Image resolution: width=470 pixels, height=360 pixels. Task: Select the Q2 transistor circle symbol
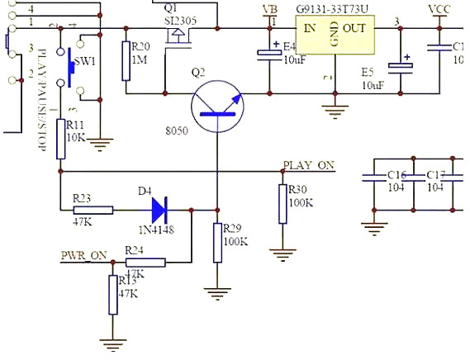tap(217, 107)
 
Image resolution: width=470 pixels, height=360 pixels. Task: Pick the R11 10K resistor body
tap(60, 138)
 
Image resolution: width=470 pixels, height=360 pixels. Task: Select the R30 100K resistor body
tap(282, 204)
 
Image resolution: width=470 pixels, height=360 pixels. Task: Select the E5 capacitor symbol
tap(402, 64)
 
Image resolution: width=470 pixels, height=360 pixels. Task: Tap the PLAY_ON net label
tap(308, 165)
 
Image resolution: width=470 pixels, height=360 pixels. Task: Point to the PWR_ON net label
tap(83, 254)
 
